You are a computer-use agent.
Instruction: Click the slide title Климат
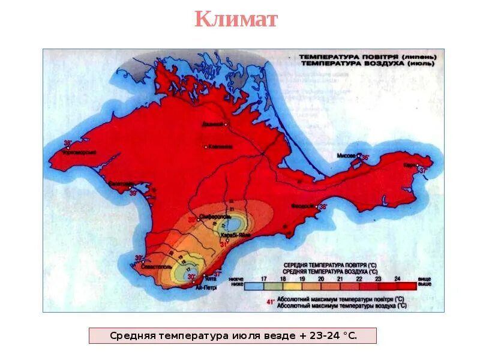point(236,19)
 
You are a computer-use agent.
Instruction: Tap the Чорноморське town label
point(71,152)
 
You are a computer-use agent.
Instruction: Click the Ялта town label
point(210,278)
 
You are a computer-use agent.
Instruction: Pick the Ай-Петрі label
point(206,287)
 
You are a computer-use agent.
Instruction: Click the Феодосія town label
point(302,206)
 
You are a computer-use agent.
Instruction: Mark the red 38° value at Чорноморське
point(68,143)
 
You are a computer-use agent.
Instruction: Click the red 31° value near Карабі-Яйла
point(224,244)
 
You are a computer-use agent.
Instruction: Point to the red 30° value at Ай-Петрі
point(191,277)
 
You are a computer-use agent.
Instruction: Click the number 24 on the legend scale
point(397,279)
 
